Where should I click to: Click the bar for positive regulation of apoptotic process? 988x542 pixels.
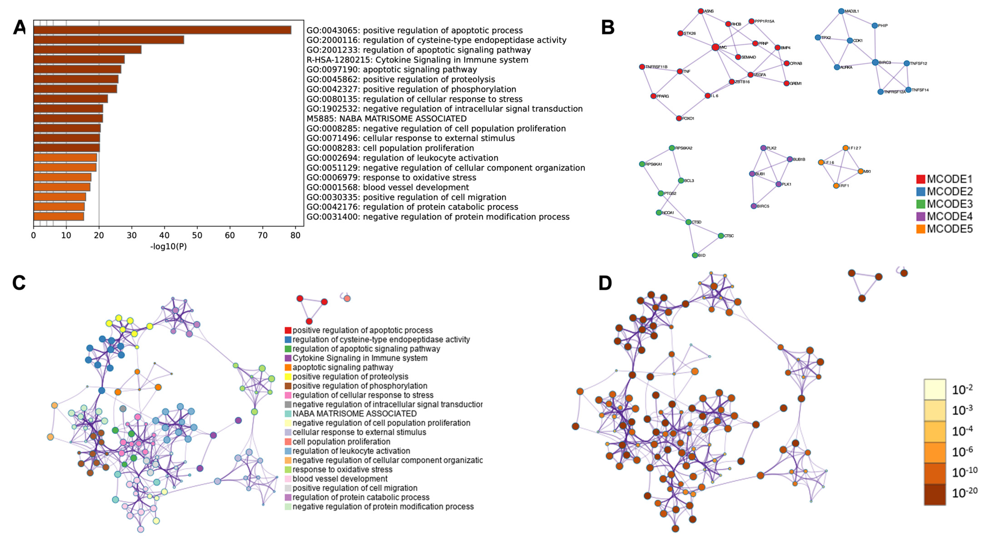coord(162,30)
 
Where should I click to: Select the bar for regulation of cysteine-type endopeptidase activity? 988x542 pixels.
coord(109,40)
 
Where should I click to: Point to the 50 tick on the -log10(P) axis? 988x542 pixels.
coord(197,235)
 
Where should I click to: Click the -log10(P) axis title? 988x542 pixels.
coord(168,246)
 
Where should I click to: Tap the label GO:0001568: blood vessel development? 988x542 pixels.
coord(387,187)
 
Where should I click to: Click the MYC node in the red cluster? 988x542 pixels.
coord(715,47)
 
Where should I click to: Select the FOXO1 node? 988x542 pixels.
coord(679,118)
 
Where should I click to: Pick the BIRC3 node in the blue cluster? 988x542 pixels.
coord(875,62)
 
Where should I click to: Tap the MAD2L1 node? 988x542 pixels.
coord(841,11)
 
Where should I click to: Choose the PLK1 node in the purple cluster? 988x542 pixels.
coord(778,184)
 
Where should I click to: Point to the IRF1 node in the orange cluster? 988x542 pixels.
coord(836,186)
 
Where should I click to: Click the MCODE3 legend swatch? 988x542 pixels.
coord(920,204)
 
